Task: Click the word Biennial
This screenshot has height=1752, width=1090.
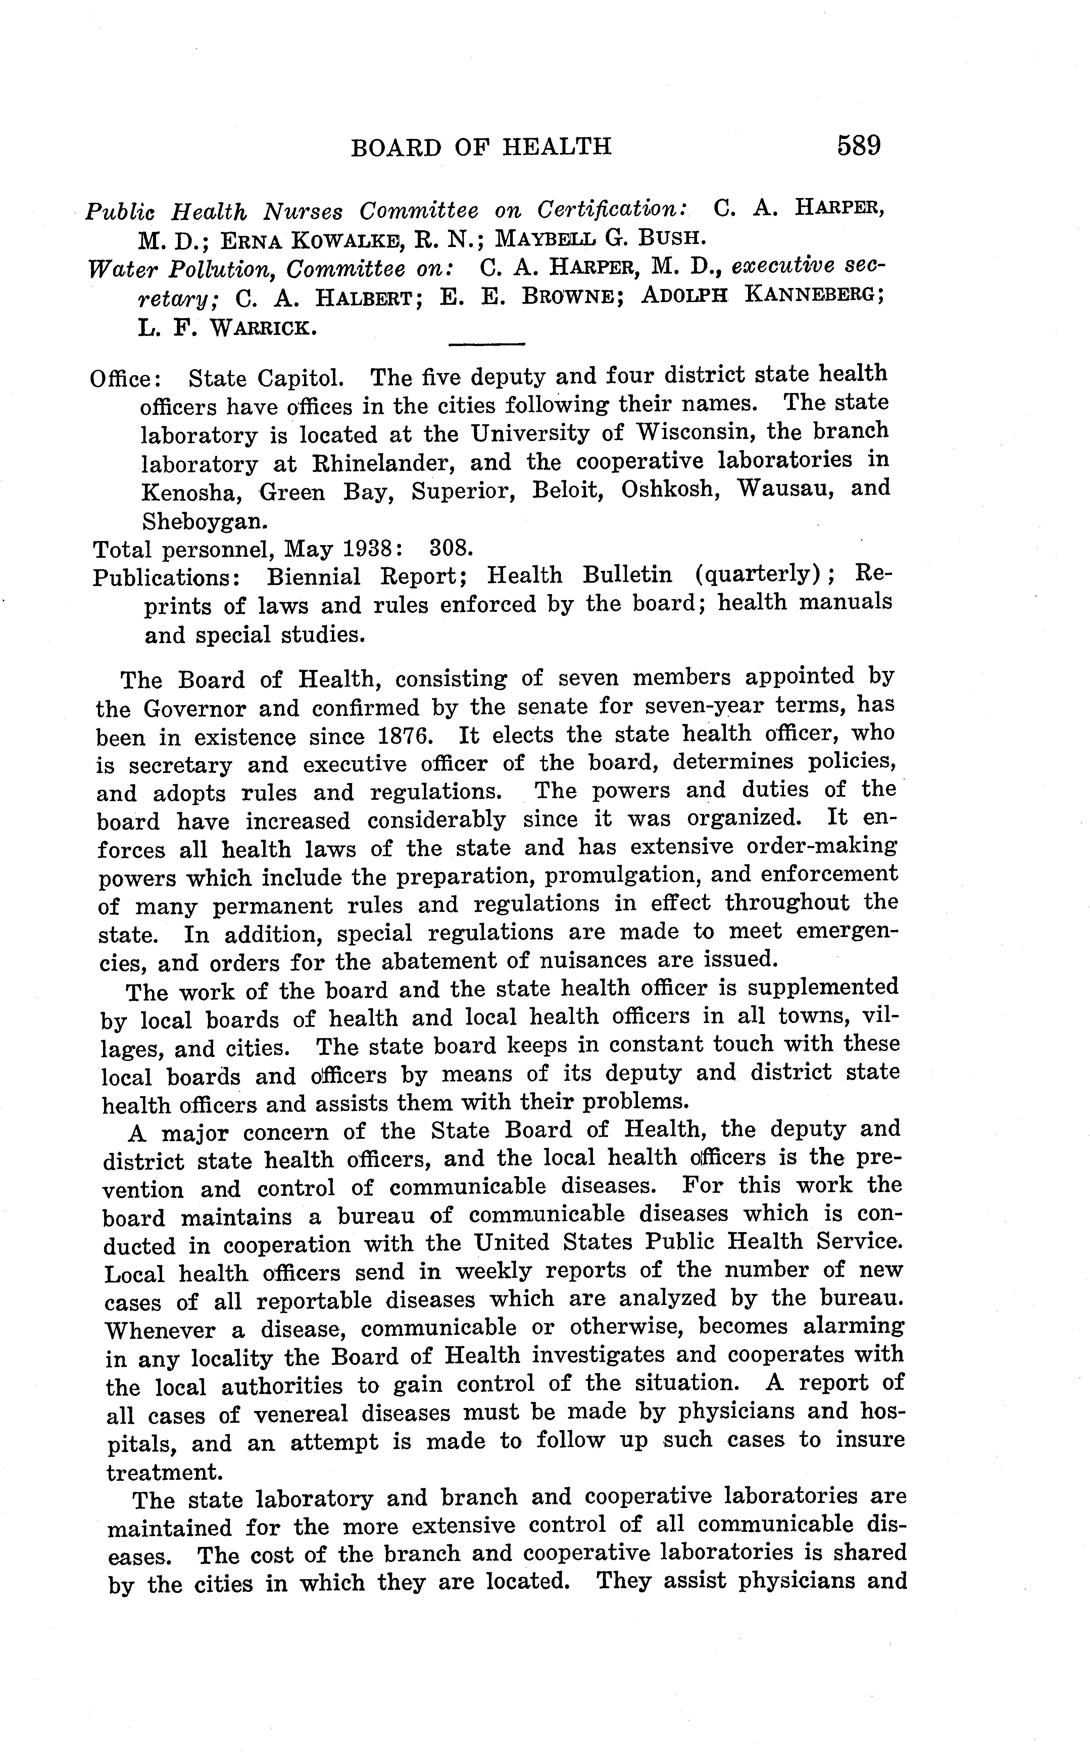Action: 313,577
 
